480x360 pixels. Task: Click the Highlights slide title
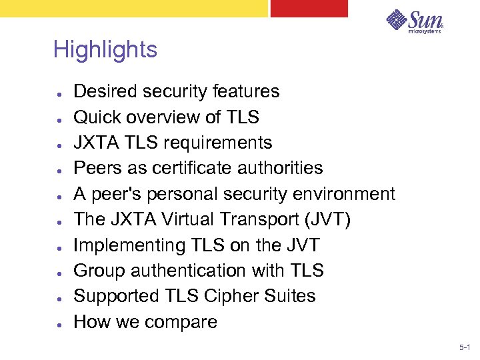pos(105,50)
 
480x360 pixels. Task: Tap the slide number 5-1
pos(464,348)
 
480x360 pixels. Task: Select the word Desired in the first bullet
pos(103,91)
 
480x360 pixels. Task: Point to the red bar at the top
pos(309,8)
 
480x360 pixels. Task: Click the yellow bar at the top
pos(133,8)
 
